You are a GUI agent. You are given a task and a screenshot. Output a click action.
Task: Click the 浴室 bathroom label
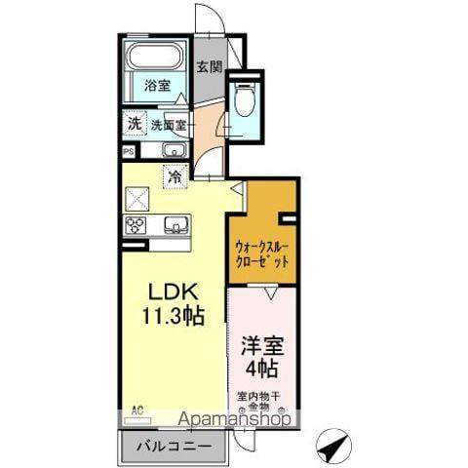(159, 85)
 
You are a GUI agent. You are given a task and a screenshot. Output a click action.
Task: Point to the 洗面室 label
(169, 125)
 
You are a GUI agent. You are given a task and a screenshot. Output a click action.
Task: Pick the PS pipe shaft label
(129, 151)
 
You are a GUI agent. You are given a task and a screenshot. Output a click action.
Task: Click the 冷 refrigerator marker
(175, 178)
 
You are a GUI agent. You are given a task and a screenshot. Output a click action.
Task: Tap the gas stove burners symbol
(136, 225)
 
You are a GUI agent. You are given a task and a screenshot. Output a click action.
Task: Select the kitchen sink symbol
(175, 225)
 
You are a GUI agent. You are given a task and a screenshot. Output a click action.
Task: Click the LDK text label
(174, 292)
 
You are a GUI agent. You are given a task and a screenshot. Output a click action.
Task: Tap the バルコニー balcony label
(173, 448)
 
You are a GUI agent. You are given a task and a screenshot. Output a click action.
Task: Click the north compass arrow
(334, 446)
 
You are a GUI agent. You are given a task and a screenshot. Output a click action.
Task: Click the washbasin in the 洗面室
(174, 150)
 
